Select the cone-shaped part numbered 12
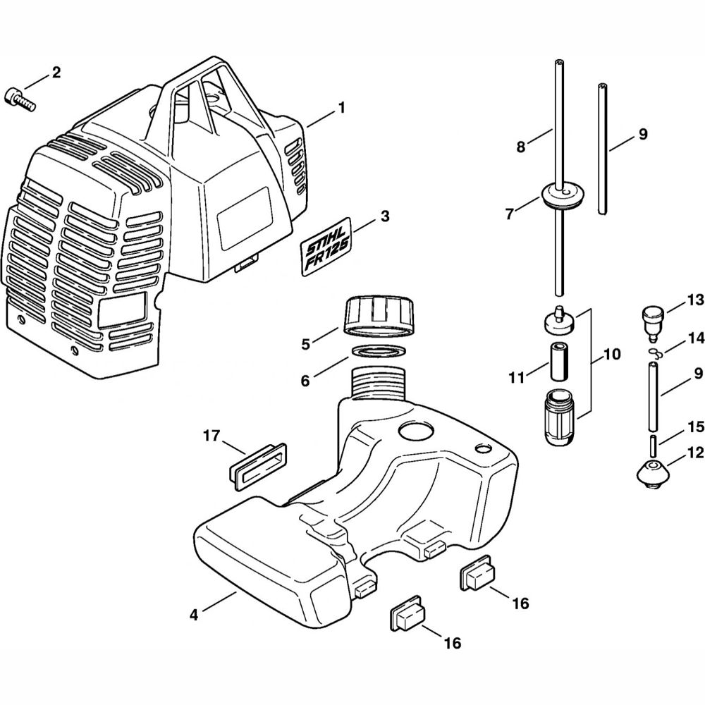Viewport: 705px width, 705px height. pos(655,473)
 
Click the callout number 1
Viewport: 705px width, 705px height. pos(341,109)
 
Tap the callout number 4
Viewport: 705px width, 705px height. pos(194,614)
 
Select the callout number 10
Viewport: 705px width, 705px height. pos(612,355)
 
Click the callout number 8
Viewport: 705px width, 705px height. pos(521,147)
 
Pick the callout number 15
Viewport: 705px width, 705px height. pos(696,427)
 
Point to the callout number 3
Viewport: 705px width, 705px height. pos(384,216)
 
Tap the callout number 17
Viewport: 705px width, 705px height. pos(211,436)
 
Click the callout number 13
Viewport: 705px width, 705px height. pos(696,300)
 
